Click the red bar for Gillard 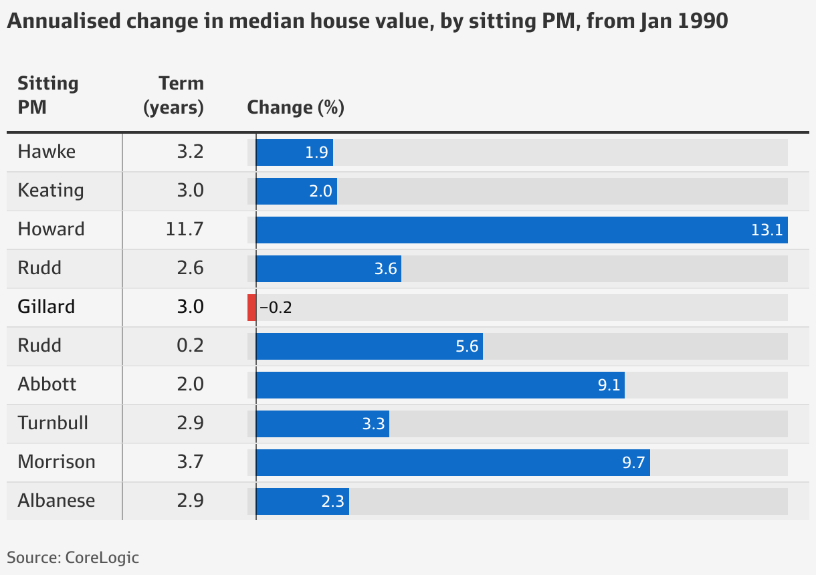pyautogui.click(x=251, y=308)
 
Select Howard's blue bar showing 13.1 pyautogui.click(x=522, y=230)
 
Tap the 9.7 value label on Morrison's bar pyautogui.click(x=633, y=463)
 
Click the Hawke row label pyautogui.click(x=47, y=152)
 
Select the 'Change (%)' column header pyautogui.click(x=296, y=108)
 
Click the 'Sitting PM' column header pyautogui.click(x=47, y=95)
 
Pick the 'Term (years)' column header pyautogui.click(x=173, y=95)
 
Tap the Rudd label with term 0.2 pyautogui.click(x=39, y=346)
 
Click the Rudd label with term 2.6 pyautogui.click(x=39, y=268)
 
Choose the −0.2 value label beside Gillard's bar pyautogui.click(x=276, y=308)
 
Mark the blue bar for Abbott pyautogui.click(x=440, y=385)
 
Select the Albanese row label pyautogui.click(x=56, y=501)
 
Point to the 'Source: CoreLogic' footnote pyautogui.click(x=73, y=557)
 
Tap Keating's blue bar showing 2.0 pyautogui.click(x=296, y=191)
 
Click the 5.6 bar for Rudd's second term pyautogui.click(x=369, y=346)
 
